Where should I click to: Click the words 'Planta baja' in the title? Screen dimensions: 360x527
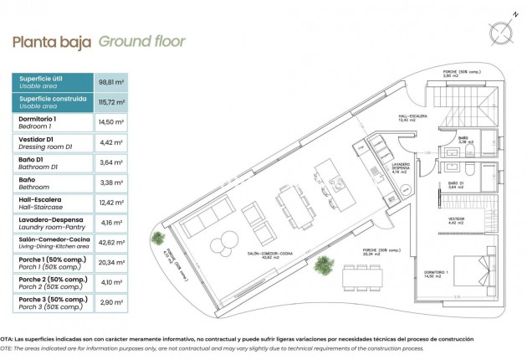click(x=51, y=41)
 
